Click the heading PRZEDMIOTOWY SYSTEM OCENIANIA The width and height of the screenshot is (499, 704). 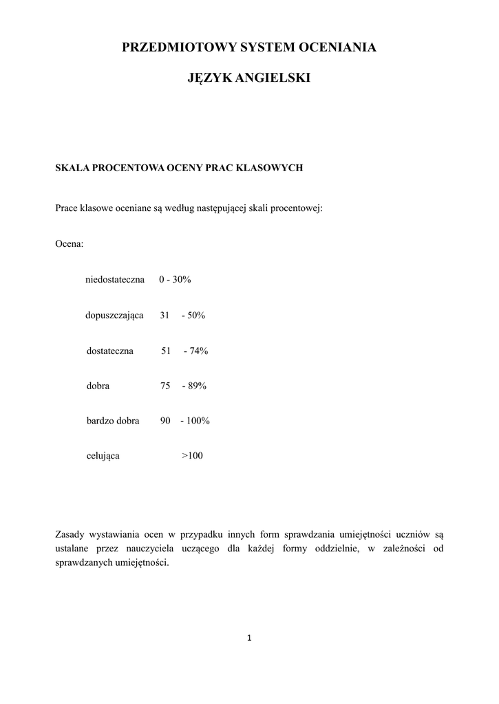249,47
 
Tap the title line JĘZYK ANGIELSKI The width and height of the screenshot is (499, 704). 249,79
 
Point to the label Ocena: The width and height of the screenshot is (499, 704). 69,244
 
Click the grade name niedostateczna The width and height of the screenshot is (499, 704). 115,280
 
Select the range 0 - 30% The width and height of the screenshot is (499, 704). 175,280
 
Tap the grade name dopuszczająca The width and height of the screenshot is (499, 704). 114,316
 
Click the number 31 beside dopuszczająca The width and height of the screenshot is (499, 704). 164,316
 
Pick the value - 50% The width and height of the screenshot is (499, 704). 193,316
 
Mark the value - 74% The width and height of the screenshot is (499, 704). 195,351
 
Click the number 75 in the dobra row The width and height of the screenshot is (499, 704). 165,386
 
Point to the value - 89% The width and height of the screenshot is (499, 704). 194,386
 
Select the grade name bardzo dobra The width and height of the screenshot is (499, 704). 113,421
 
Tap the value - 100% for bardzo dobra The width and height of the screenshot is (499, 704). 195,421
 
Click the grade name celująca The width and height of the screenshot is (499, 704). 103,456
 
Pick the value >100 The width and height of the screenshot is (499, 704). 192,456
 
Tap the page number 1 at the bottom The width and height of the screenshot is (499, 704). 249,639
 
